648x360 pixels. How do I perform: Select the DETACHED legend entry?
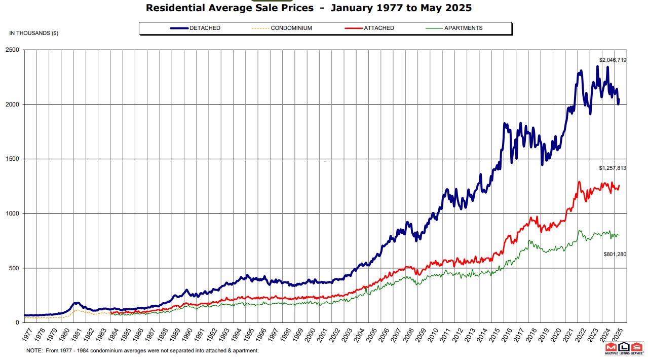[x=205, y=28]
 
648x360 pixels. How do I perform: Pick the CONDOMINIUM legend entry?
[x=291, y=28]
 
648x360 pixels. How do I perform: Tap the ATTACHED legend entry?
[x=378, y=28]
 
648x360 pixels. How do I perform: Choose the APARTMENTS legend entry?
[x=463, y=28]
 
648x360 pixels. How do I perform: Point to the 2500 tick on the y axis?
[x=12, y=50]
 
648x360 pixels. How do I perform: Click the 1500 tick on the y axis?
[x=12, y=159]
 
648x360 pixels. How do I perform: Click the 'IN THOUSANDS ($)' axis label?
[x=33, y=33]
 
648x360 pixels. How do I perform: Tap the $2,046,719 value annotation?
[x=613, y=60]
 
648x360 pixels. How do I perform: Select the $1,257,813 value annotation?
[x=613, y=168]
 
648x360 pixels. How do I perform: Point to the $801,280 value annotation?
[x=614, y=254]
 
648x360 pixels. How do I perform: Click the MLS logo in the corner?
[x=624, y=349]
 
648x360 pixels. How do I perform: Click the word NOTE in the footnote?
[x=34, y=350]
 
